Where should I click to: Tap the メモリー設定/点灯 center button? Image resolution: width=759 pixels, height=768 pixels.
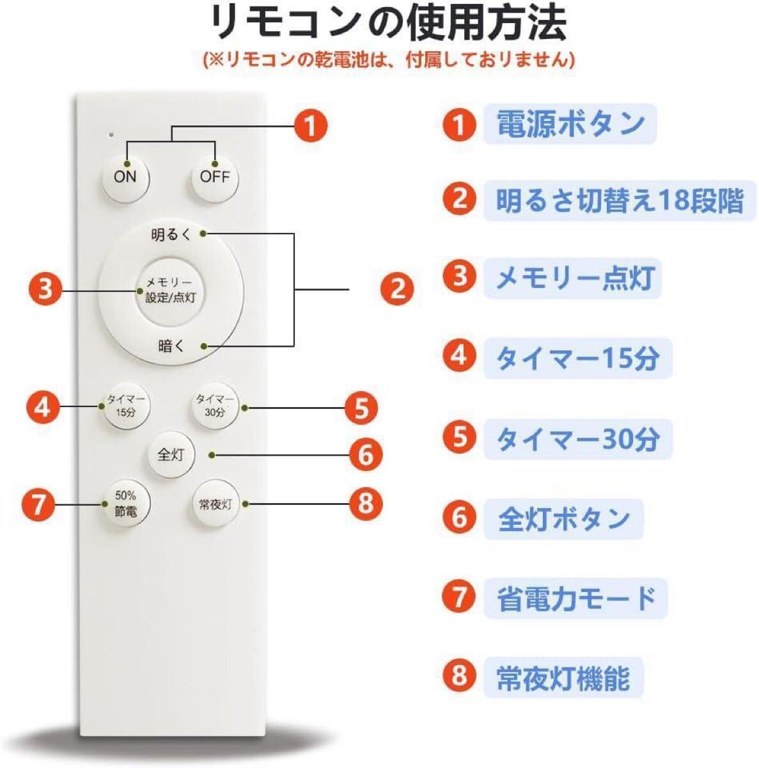[170, 290]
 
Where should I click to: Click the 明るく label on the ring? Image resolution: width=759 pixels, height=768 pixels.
[171, 235]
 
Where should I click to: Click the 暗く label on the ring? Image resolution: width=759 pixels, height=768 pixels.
[171, 346]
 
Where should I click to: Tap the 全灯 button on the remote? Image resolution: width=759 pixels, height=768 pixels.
[171, 454]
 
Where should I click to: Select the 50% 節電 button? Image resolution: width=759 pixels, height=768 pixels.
[125, 504]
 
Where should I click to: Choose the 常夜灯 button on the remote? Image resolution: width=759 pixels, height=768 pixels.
[215, 504]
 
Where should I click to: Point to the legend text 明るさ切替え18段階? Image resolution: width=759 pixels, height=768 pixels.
[620, 200]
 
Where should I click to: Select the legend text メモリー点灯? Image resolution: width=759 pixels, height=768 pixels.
[575, 279]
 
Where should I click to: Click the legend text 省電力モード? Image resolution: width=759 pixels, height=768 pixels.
[576, 598]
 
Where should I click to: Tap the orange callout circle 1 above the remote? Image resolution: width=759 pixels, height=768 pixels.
[311, 126]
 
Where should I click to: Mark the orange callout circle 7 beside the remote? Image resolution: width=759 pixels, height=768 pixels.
[39, 504]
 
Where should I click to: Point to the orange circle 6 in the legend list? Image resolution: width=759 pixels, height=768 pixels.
[460, 517]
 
